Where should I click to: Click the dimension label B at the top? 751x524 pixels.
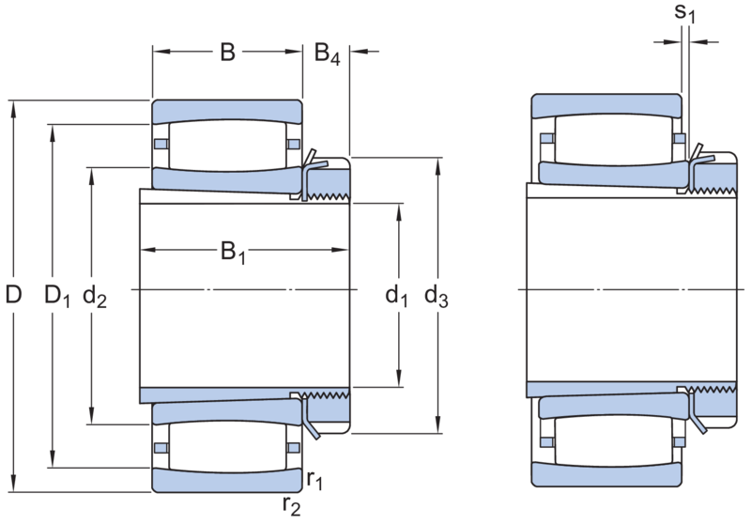[x=228, y=52]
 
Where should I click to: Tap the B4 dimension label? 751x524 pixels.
[x=328, y=54]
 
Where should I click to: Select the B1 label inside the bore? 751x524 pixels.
[x=233, y=253]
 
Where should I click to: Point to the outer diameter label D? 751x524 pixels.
[x=13, y=294]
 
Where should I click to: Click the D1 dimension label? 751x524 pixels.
[x=57, y=296]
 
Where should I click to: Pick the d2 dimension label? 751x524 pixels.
[x=95, y=296]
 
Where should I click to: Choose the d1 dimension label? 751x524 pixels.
[x=397, y=296]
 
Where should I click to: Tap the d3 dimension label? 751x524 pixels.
[x=437, y=296]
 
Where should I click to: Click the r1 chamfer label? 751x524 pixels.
[x=314, y=479]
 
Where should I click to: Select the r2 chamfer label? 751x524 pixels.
[x=292, y=505]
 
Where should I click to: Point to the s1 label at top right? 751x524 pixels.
[x=684, y=13]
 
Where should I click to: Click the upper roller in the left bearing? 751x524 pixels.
[x=227, y=146]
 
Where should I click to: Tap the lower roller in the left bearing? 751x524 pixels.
[x=227, y=446]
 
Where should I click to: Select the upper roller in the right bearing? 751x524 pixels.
[x=614, y=140]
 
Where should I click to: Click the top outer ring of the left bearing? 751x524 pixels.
[x=227, y=112]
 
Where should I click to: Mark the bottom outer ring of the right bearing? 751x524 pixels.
[x=606, y=474]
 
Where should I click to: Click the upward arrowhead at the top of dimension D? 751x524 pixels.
[x=13, y=109]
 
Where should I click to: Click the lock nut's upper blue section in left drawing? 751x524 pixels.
[x=328, y=181]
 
